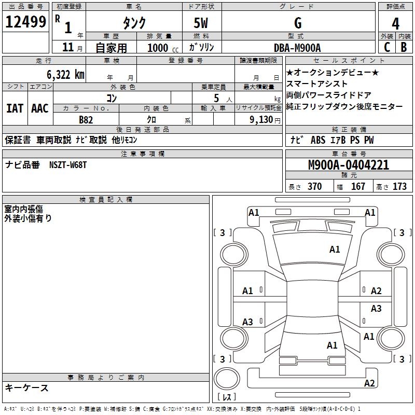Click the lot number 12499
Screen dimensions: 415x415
coord(26,22)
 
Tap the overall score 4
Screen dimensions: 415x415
coord(395,23)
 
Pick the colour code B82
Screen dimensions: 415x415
coord(86,119)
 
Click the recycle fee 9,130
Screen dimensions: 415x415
coord(258,119)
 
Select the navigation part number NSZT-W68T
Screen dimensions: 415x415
coord(68,165)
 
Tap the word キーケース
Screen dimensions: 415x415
coord(27,388)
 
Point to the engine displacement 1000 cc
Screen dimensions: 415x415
coord(162,48)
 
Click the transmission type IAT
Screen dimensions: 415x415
coord(15,108)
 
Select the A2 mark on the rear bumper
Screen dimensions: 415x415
coord(369,383)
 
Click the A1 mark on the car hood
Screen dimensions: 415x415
coord(335,250)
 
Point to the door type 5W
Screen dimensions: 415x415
coord(201,23)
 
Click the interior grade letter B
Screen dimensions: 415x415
coord(404,47)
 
